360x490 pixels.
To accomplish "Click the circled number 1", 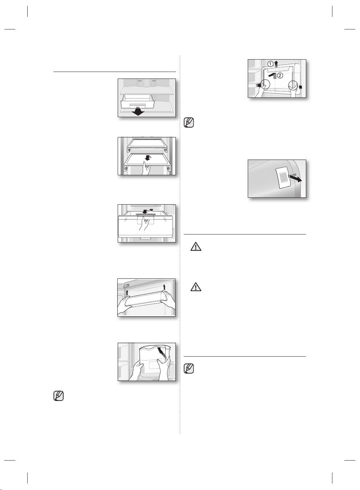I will coord(270,64).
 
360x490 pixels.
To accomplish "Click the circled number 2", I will coord(280,76).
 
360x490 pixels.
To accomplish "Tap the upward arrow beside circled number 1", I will coord(276,64).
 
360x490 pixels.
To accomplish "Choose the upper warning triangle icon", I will coord(196,247).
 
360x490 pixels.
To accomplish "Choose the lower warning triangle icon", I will coord(196,287).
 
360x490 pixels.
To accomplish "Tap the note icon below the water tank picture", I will coord(58,395).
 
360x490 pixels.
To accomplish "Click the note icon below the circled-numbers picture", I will coord(189,122).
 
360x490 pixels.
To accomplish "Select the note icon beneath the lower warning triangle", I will coord(189,369).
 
